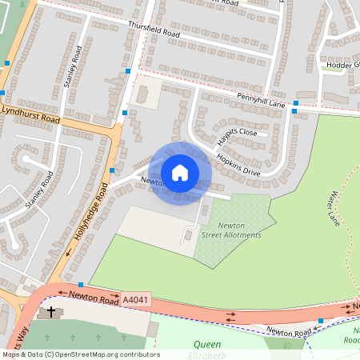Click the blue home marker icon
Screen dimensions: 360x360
179,172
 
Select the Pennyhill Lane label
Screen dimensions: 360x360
261,98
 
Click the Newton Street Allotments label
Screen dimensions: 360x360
230,230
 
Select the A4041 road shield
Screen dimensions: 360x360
134,299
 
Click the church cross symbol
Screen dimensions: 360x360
52,311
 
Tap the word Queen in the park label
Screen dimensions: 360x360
207,344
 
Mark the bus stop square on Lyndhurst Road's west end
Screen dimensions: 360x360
7,62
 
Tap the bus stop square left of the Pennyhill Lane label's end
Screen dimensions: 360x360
296,104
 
